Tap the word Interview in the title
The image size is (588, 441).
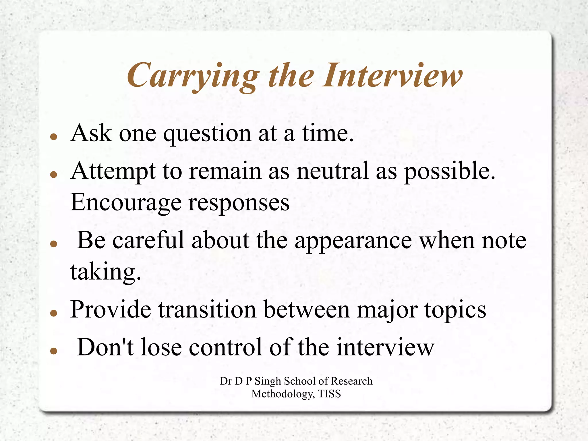(x=392, y=75)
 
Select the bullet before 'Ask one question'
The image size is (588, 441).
(x=54, y=136)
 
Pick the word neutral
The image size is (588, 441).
(x=332, y=171)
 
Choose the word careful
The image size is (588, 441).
(x=148, y=240)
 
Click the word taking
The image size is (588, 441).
(x=105, y=272)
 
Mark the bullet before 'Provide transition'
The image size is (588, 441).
(x=54, y=313)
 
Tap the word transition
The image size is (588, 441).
(x=207, y=310)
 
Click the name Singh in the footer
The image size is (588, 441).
(x=268, y=381)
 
